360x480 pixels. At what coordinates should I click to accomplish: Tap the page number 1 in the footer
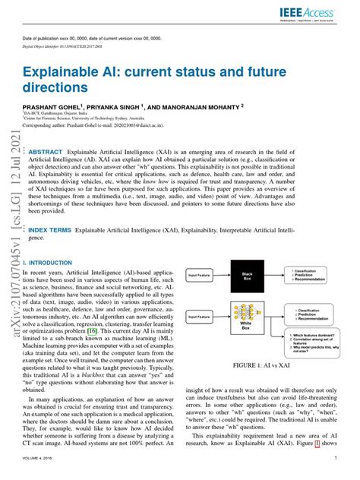click(334, 459)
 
